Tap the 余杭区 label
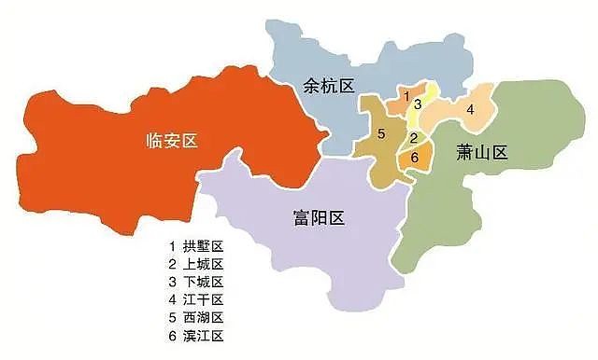(330, 86)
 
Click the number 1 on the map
(406, 94)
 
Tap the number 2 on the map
(413, 138)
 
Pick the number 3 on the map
(419, 104)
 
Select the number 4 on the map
(470, 109)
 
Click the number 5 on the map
(381, 134)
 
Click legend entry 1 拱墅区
(196, 246)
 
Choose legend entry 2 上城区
(196, 264)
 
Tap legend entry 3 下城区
(196, 282)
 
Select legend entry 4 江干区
(196, 299)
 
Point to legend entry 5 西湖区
(196, 317)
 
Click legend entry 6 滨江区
(196, 335)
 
